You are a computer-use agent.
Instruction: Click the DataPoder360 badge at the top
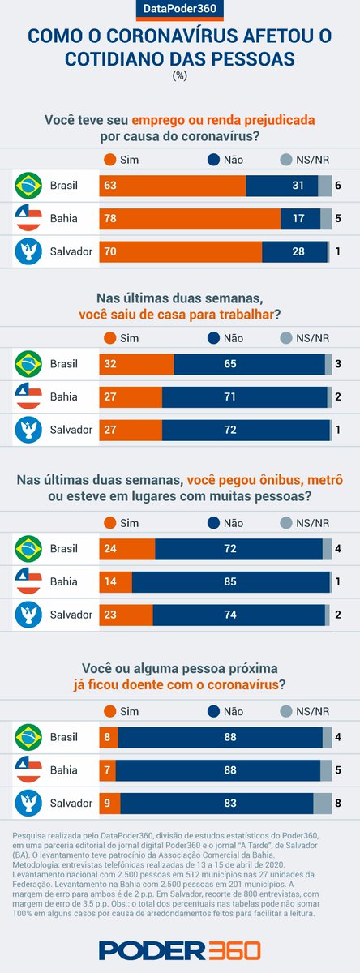click(x=180, y=10)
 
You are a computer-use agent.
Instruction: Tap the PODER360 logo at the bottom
click(x=180, y=949)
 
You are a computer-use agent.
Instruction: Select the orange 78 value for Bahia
click(x=111, y=218)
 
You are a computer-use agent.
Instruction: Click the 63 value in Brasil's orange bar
click(x=111, y=186)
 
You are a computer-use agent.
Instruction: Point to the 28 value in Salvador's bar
click(x=298, y=251)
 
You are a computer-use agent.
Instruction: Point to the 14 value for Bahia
click(x=111, y=581)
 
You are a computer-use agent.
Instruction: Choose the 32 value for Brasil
click(x=111, y=364)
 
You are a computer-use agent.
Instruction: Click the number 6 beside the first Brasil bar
click(x=337, y=186)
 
